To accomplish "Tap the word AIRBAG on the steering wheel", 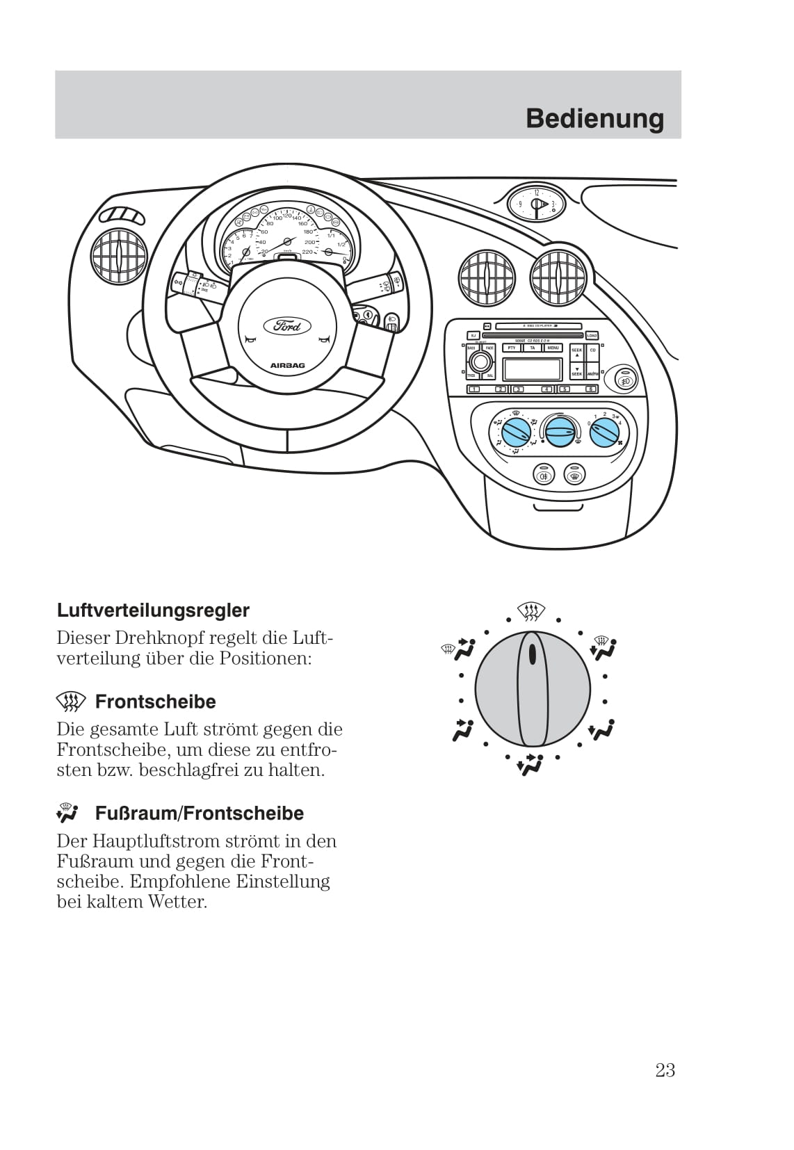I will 287,365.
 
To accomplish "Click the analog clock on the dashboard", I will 536,204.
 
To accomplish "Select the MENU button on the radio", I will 553,348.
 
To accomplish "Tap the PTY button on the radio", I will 512,348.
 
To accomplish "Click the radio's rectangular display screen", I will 532,369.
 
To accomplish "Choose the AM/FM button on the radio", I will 592,374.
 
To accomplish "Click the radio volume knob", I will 480,362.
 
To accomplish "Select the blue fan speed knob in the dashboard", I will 604,432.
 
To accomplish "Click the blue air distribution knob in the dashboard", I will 517,432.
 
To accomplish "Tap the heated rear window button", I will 574,476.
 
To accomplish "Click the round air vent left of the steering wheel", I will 119,257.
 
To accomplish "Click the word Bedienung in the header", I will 594,118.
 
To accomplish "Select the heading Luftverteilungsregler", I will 153,610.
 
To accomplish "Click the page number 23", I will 665,1070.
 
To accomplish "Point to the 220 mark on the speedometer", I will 307,251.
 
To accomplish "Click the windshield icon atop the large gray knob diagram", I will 532,612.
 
